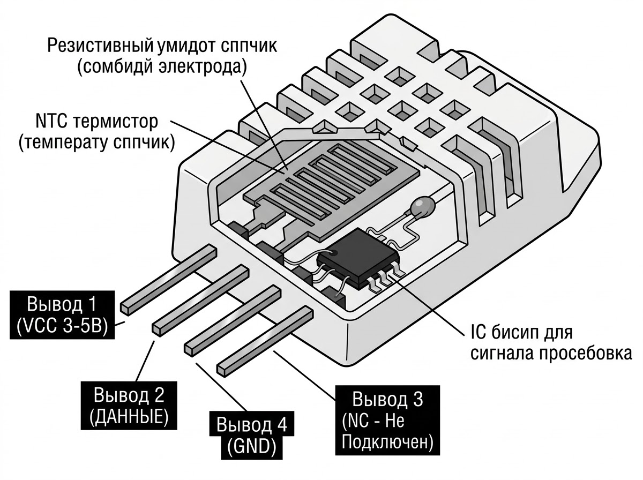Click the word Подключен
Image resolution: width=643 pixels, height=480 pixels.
coord(386,443)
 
